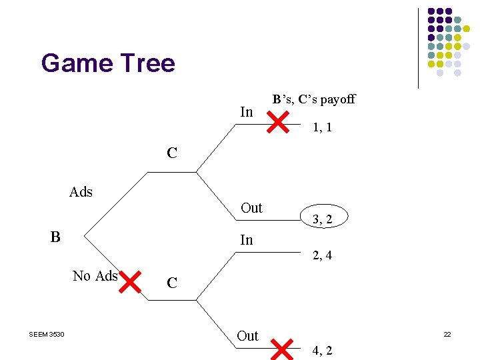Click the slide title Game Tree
point(108,64)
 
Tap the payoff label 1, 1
point(322,127)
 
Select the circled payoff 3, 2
point(322,218)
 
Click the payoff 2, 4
point(322,255)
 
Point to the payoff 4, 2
point(322,350)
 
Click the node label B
point(55,237)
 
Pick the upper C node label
point(172,153)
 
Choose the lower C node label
point(172,283)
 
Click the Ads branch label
point(81,192)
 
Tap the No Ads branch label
point(95,276)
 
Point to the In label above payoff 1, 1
point(246,112)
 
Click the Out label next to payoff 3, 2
point(251,208)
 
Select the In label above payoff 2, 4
point(246,240)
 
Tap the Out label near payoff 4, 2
point(247,336)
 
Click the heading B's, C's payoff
point(313,100)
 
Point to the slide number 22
point(447,334)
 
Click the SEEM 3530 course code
point(47,334)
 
